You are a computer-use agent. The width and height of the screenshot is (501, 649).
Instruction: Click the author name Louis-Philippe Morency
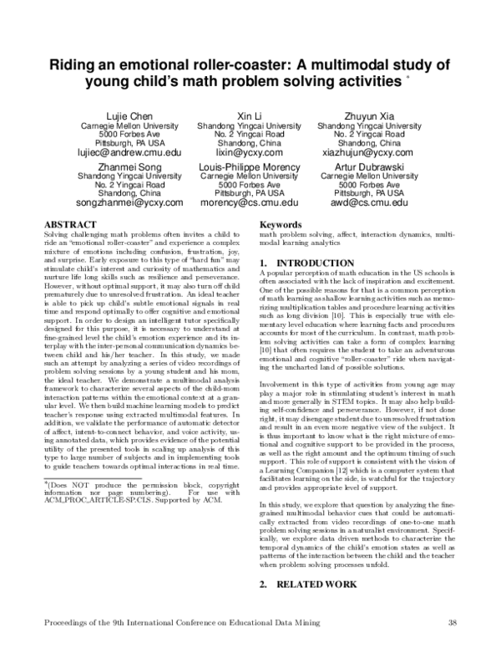pos(250,166)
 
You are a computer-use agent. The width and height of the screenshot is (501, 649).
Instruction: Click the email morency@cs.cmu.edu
pos(250,203)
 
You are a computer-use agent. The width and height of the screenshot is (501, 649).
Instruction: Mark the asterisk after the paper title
pos(407,79)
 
